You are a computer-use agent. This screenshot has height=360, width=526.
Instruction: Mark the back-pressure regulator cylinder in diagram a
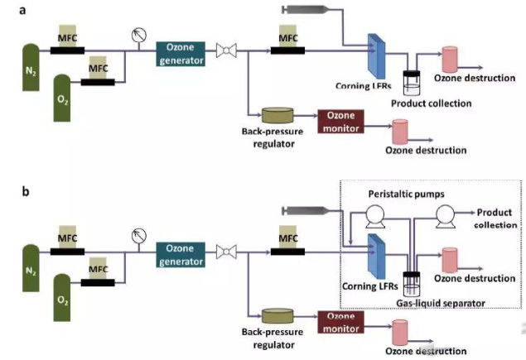click(x=278, y=116)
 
